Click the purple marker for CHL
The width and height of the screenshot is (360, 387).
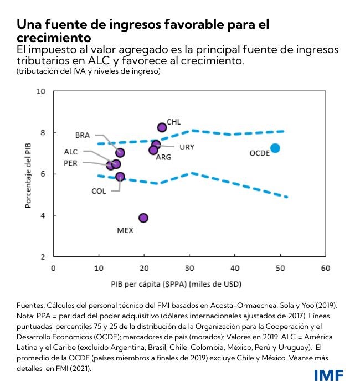(162, 127)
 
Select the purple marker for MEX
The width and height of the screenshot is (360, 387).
(143, 218)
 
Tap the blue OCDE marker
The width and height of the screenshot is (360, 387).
(275, 148)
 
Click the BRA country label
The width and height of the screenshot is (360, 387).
(82, 135)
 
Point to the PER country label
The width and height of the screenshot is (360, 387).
(70, 163)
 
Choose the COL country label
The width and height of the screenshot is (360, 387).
(99, 191)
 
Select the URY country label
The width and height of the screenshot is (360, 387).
(187, 147)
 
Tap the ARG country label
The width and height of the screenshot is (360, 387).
(163, 157)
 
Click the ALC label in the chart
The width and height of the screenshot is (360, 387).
(71, 151)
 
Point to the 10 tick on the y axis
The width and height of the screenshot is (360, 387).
(40, 91)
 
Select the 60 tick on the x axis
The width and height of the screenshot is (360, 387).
(325, 268)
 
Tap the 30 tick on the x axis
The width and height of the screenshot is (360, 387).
(189, 268)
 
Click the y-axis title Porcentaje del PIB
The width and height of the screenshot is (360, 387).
(27, 174)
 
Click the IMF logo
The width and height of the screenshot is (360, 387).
(328, 375)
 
